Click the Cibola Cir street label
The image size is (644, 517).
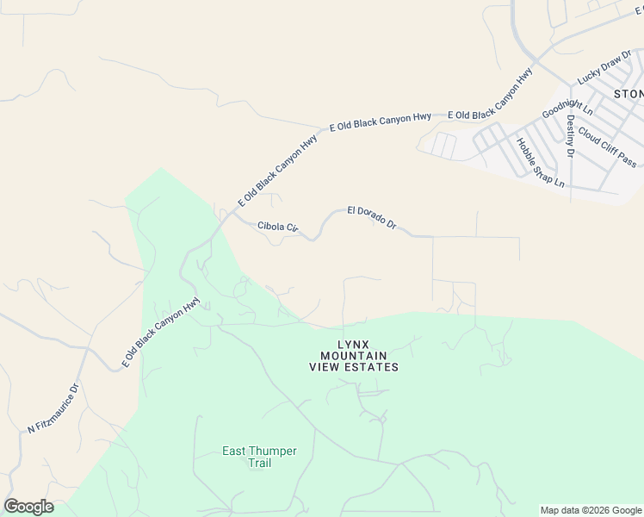click(x=277, y=227)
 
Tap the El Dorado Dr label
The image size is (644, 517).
click(x=371, y=217)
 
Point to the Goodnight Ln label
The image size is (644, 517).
click(x=567, y=102)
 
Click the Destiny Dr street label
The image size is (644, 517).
click(x=570, y=135)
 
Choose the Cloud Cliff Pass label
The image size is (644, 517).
click(x=607, y=146)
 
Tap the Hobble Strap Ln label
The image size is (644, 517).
click(x=540, y=164)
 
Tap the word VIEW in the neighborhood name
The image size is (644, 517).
click(x=325, y=367)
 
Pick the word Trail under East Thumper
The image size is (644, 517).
click(x=259, y=463)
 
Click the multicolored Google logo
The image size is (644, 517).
click(x=28, y=507)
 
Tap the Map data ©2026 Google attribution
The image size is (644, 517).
click(x=590, y=510)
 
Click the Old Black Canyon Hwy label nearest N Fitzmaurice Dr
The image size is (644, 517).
click(x=161, y=332)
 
